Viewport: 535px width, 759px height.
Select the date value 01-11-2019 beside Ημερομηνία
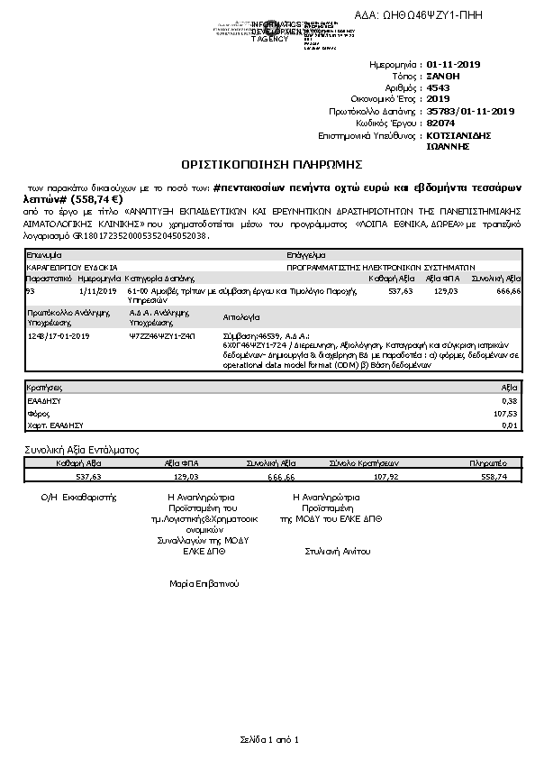[454, 65]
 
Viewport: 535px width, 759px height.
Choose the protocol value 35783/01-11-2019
[469, 111]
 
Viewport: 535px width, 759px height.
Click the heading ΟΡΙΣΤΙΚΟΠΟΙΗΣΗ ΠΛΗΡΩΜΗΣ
[271, 165]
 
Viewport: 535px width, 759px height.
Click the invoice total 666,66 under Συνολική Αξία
[509, 292]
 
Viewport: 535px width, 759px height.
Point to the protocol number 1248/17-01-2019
[59, 334]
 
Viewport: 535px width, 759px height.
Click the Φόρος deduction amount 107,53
[508, 412]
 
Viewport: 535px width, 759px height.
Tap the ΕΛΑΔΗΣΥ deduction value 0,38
[511, 399]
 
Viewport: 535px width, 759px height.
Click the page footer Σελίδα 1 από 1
[268, 739]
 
